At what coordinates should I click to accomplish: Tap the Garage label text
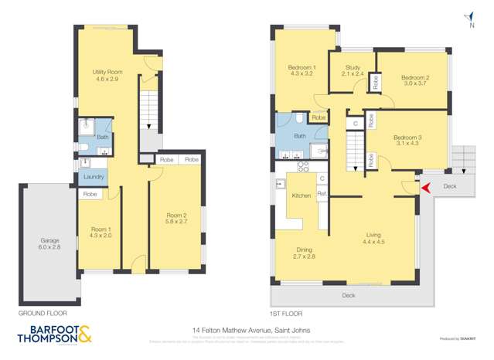click(49, 241)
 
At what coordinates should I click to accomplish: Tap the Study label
click(353, 68)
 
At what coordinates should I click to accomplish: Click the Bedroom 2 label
click(414, 78)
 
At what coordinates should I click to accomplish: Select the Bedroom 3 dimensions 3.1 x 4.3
click(406, 144)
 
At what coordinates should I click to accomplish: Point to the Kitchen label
click(301, 196)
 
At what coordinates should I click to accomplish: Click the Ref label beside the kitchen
click(322, 193)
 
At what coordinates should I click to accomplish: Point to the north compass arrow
click(470, 15)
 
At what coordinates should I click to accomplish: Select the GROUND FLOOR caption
click(43, 314)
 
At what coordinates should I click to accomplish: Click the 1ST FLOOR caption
click(286, 314)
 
